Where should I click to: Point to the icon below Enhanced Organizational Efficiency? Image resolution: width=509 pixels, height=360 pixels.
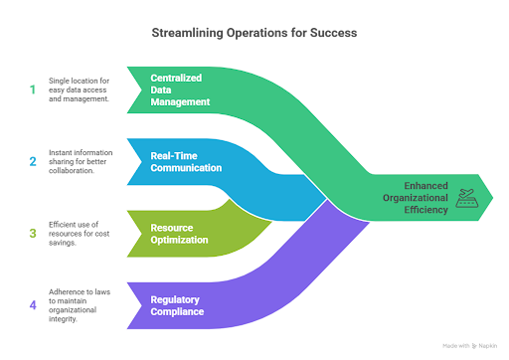(466, 203)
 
